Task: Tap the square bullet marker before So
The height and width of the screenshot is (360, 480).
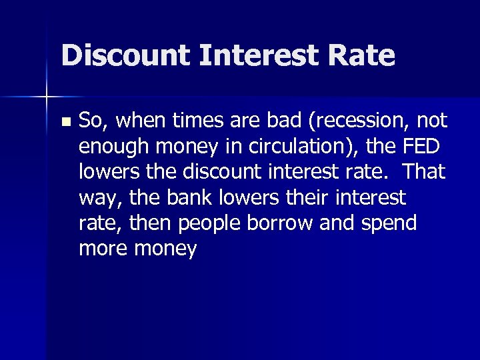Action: [x=65, y=123]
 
